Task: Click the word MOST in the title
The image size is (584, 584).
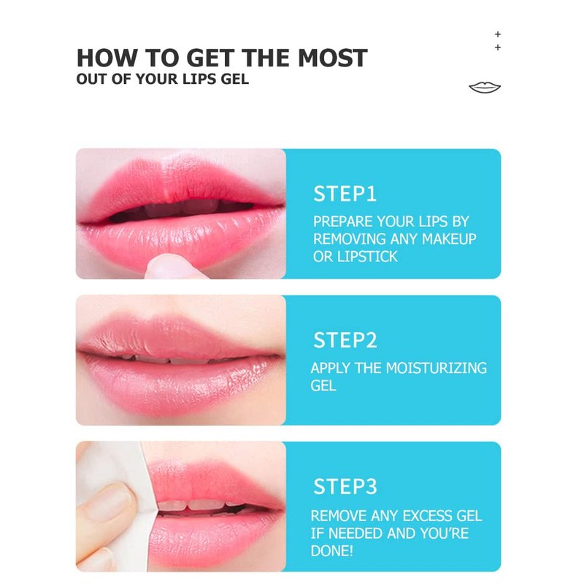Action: tap(332, 58)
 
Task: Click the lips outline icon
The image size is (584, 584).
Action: tap(485, 88)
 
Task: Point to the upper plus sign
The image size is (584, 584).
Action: tap(498, 34)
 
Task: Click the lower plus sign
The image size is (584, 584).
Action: tap(498, 47)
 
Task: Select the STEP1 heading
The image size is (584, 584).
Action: tap(345, 194)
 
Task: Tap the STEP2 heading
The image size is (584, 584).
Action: tap(345, 340)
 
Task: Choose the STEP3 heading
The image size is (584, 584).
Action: tap(345, 487)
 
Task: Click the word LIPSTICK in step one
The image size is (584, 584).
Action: tap(367, 257)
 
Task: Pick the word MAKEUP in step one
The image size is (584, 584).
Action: tap(449, 239)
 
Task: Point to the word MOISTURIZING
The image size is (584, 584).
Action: tap(436, 368)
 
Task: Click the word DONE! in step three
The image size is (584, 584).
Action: tap(332, 551)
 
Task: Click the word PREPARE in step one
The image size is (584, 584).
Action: tap(342, 222)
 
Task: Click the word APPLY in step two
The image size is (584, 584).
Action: tap(331, 368)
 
